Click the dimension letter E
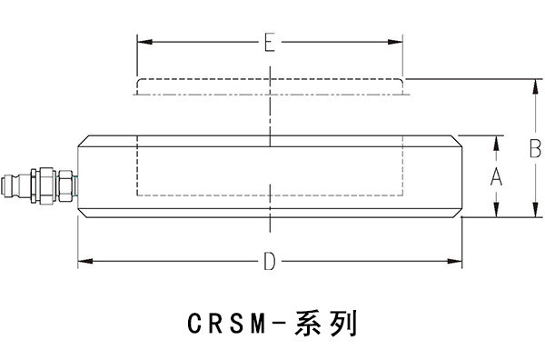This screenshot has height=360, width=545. click(x=269, y=43)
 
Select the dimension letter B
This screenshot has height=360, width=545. click(x=535, y=148)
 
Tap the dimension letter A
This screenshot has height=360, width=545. click(x=496, y=177)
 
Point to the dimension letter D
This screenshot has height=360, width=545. click(x=269, y=262)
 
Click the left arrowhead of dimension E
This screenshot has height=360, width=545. click(x=141, y=42)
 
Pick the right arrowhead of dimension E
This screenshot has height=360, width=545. click(x=398, y=42)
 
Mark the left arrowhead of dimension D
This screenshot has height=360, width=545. click(x=84, y=262)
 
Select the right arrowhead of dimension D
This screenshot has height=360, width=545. click(x=456, y=262)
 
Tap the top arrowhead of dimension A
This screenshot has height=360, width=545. click(x=496, y=142)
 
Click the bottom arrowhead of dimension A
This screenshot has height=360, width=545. click(x=496, y=212)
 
